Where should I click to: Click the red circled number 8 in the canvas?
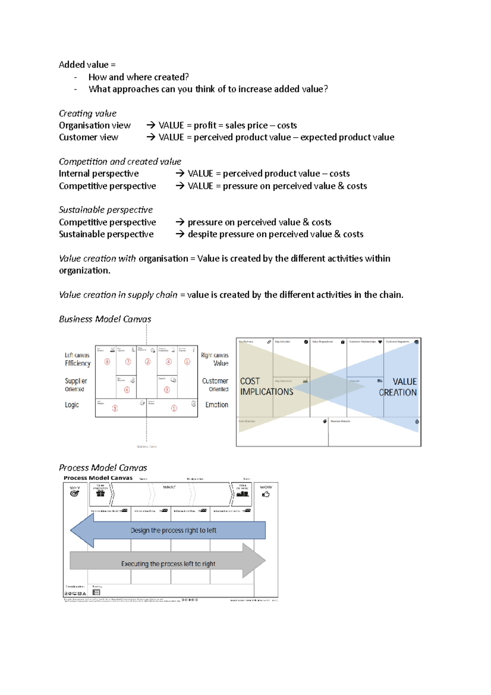[108, 362]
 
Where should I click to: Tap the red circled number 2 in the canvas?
[148, 362]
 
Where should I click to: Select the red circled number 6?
[127, 390]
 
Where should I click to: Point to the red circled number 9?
[115, 408]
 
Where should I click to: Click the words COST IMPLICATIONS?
[266, 386]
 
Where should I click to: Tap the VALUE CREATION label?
[398, 387]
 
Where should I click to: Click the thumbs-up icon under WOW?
[266, 494]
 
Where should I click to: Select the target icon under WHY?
[74, 494]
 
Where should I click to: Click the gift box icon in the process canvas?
[100, 494]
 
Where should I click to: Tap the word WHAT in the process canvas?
[169, 487]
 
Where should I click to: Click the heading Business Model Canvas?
[105, 319]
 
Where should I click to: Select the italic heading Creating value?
[88, 113]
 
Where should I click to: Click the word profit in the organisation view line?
[205, 125]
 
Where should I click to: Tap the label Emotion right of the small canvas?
[216, 405]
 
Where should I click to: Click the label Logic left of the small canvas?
[72, 405]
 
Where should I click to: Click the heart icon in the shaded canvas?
[380, 342]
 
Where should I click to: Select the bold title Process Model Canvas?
[98, 478]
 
